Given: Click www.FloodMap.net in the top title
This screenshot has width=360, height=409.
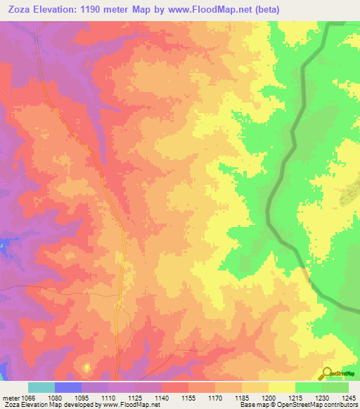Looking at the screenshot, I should [x=226, y=9].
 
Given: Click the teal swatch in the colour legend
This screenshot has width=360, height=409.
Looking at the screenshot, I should [x=41, y=387].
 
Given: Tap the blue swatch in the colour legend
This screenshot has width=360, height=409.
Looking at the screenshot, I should [x=67, y=387].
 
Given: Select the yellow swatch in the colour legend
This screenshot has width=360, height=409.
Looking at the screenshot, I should [x=281, y=387].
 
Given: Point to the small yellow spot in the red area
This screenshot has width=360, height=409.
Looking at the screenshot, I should [x=86, y=367].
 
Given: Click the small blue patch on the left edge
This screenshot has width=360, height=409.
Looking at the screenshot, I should [x=4, y=246].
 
